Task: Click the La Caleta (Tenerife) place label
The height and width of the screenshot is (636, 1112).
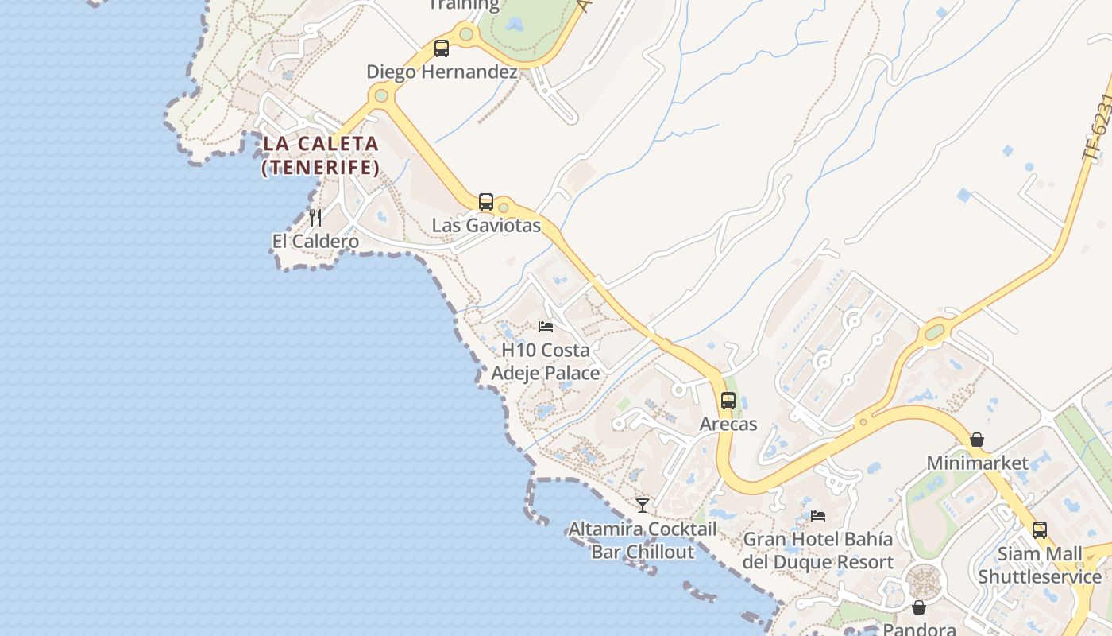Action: coord(320,156)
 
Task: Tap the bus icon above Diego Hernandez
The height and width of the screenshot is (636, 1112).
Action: coord(442,48)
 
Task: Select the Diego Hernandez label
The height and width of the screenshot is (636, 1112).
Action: coord(442,72)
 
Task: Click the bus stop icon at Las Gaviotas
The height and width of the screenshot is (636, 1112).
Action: coord(486,202)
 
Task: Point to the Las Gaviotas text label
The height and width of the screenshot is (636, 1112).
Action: coord(486,226)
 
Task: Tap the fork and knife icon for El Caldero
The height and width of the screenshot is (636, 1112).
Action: coord(315,217)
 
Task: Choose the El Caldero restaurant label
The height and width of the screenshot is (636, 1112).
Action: coord(315,242)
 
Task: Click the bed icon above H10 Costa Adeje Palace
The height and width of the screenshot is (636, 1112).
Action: coord(546,326)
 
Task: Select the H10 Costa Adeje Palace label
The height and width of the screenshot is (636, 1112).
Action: coord(546,362)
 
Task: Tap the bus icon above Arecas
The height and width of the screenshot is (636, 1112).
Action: coord(728,401)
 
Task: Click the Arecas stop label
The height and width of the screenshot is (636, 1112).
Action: coord(728,425)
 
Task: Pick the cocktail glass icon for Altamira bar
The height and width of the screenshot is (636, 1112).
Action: coord(643,505)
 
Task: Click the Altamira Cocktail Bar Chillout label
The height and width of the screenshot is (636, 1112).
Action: coord(643,541)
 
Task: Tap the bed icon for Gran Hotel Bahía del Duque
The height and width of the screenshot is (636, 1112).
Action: coord(818,516)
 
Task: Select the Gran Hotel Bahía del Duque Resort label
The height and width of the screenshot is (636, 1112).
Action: coord(818,551)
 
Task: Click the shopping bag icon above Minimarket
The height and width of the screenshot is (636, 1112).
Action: coord(977,440)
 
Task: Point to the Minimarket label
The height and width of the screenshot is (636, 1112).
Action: coord(977,463)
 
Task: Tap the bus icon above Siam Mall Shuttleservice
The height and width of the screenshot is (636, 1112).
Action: coord(1040,529)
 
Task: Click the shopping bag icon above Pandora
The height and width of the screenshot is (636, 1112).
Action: coord(919,607)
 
